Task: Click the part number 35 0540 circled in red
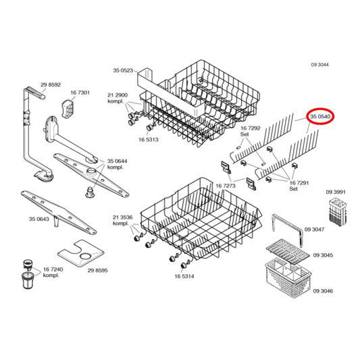[x=320, y=117]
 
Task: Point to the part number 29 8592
[x=51, y=84]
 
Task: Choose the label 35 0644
[x=118, y=161]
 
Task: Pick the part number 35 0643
[x=39, y=218]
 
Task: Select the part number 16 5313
[x=149, y=140]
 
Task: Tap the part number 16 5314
[x=184, y=276]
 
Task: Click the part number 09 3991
[x=336, y=192]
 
